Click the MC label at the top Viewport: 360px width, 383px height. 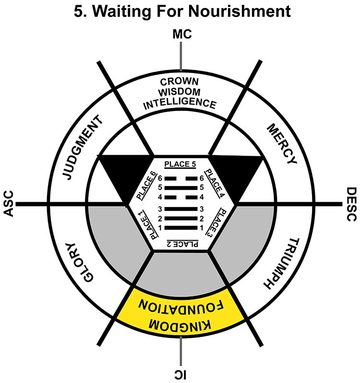click(x=181, y=34)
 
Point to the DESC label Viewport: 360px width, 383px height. click(x=350, y=204)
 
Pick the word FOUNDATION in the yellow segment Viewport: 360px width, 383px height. click(x=180, y=307)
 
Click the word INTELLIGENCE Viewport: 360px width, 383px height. click(x=181, y=102)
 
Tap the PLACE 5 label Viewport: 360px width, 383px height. click(x=180, y=164)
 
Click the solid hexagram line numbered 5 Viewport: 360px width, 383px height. click(x=180, y=187)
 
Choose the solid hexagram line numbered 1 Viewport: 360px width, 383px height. click(x=180, y=227)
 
